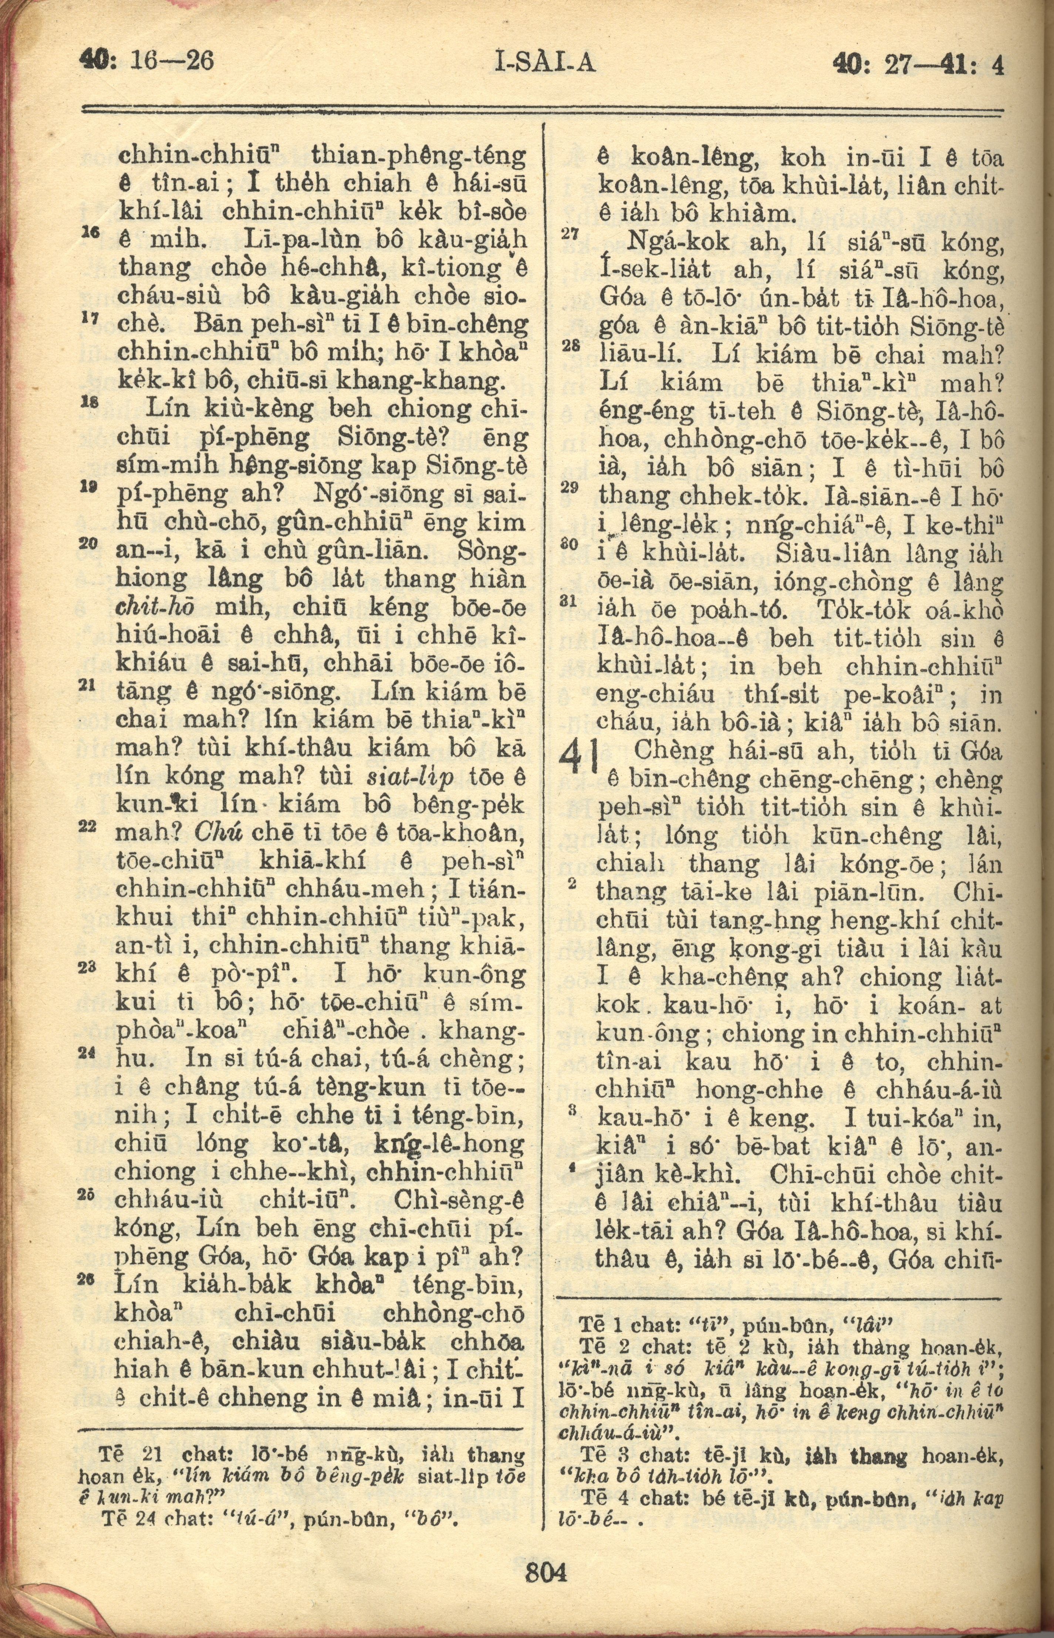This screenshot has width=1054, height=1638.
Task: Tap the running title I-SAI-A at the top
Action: coord(545,64)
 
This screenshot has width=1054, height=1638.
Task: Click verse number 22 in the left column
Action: coord(87,826)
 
